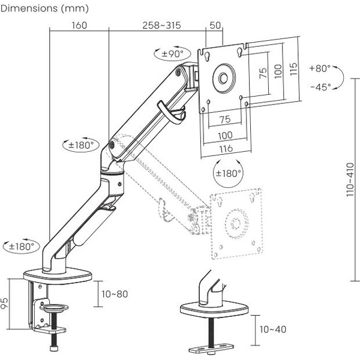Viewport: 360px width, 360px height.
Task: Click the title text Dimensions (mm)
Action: [45, 8]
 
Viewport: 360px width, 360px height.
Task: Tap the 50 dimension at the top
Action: [214, 25]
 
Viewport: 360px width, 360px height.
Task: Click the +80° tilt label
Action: [320, 68]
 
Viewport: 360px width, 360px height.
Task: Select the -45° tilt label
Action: [320, 87]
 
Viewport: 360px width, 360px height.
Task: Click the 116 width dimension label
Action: [225, 148]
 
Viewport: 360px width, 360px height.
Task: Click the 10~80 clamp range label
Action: [115, 295]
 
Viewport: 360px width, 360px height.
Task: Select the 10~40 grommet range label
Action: [272, 329]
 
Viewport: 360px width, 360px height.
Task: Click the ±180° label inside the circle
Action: [228, 173]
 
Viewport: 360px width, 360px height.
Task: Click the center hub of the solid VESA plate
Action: [224, 78]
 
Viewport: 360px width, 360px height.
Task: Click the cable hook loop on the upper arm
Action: [171, 113]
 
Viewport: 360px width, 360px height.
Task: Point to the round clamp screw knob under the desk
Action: [52, 308]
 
